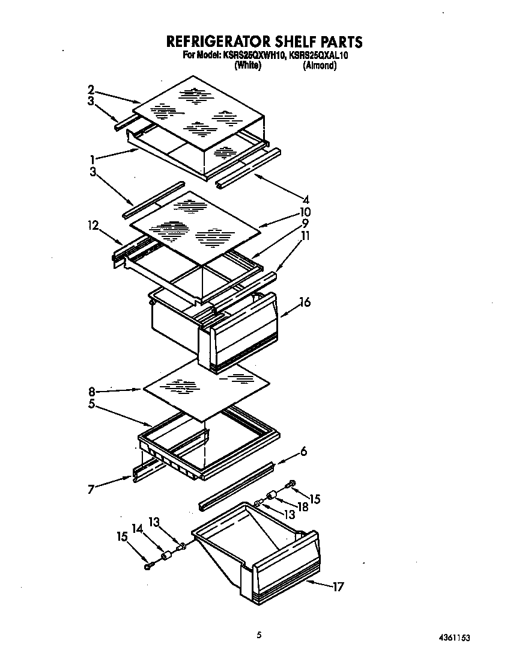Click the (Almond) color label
pos(319,66)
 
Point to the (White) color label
pos(247,66)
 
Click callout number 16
pos(305,303)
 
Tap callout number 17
pos(338,586)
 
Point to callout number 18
pos(302,508)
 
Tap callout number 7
pos(91,489)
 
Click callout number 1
pos(93,159)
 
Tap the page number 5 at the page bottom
pos(259,634)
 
